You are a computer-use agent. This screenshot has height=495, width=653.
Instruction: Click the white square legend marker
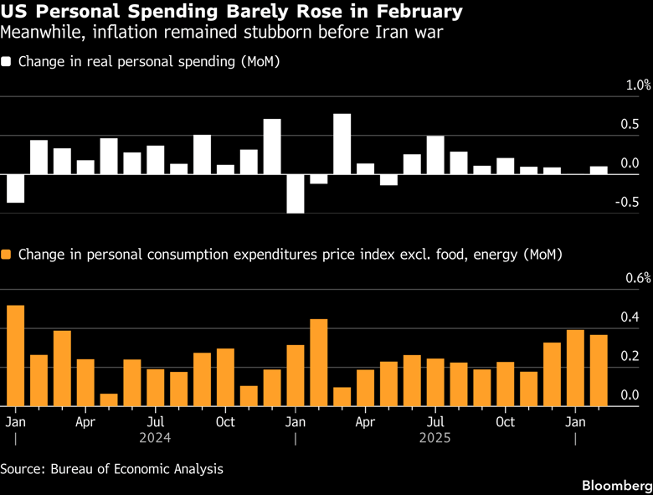point(8,62)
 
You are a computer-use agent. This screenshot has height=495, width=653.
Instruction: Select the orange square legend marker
point(8,254)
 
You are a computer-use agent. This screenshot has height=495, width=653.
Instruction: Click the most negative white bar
point(296,193)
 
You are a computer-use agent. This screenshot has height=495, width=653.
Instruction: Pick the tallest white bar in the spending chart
point(342,143)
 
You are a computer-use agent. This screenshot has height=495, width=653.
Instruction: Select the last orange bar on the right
point(599,370)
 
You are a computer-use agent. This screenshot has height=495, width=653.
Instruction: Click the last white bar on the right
point(599,170)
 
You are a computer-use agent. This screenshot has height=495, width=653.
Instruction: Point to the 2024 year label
point(156,437)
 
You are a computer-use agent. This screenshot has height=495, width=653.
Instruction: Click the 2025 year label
point(435,437)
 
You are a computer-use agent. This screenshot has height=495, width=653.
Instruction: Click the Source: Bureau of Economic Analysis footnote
point(112,469)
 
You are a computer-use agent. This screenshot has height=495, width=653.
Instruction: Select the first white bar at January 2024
point(15,188)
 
